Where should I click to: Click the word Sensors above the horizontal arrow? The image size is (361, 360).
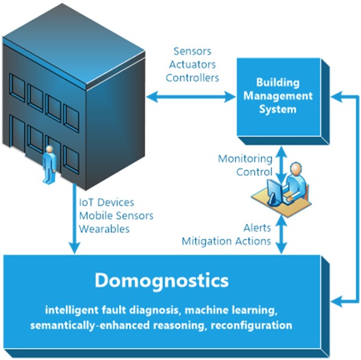pos(192,51)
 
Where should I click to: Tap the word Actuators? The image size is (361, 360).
pos(192,65)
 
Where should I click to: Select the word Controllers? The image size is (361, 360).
pos(192,78)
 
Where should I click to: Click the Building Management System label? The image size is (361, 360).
pos(278,96)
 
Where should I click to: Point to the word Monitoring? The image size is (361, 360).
pos(245,159)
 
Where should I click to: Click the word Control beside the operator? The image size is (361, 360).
pos(255,172)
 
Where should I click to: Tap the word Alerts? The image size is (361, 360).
pos(257,228)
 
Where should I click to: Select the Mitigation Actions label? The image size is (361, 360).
pos(226,241)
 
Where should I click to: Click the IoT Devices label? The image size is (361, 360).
pos(106,203)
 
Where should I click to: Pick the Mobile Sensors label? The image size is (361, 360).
pos(116,216)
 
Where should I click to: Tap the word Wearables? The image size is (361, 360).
pos(104,229)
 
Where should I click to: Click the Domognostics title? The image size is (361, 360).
pos(161,281)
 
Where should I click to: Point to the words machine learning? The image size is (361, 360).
pos(231,311)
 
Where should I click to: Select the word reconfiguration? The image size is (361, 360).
pos(251,326)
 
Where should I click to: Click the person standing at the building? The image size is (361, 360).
pos(49,165)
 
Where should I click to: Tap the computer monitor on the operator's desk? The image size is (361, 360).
pos(275,192)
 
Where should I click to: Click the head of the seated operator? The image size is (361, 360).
pos(296,169)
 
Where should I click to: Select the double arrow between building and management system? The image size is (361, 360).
pos(191,96)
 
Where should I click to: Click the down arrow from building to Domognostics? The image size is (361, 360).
pos(74,218)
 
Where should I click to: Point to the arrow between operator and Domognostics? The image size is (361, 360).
pos(281,234)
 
